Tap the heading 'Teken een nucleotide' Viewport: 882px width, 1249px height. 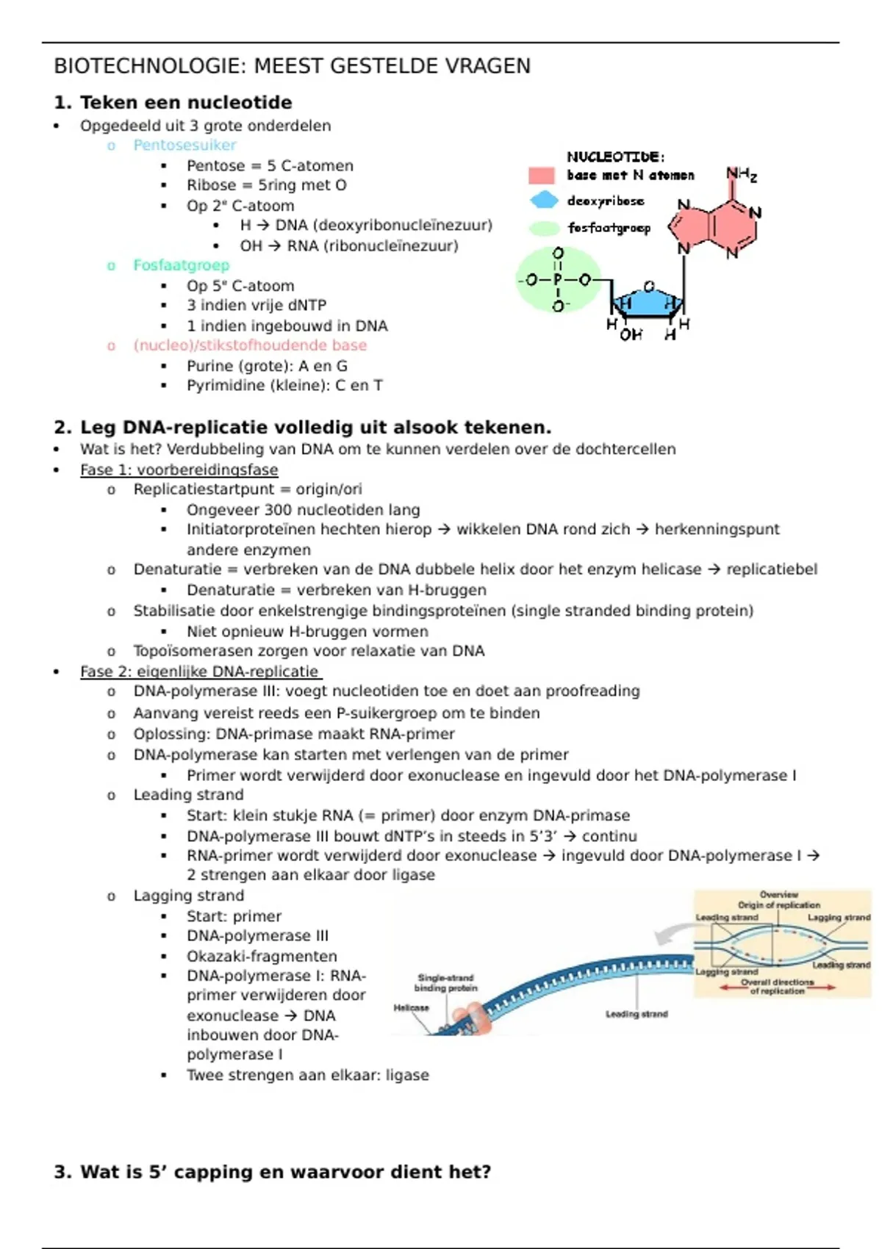tap(185, 102)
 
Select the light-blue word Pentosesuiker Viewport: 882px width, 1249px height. tap(184, 145)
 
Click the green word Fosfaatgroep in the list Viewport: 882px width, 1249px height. tap(181, 264)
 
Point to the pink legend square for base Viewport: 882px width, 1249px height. tap(541, 175)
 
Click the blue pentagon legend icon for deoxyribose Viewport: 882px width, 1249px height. tap(544, 200)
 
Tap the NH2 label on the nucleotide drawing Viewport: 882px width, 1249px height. tap(741, 174)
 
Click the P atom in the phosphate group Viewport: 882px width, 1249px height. tap(558, 280)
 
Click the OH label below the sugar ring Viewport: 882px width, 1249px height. tap(631, 335)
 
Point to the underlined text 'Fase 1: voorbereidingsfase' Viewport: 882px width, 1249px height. tap(179, 469)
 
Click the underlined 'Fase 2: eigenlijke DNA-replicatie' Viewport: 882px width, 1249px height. tap(199, 672)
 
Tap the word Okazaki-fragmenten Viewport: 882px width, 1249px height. tap(262, 956)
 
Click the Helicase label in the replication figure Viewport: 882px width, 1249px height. tap(411, 1007)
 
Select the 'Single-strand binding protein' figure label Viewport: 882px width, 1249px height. tap(445, 982)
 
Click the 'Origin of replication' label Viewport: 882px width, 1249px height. tap(779, 905)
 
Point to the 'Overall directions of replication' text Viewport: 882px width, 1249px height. tap(778, 986)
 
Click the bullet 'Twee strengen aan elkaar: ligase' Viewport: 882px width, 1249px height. tap(307, 1075)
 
